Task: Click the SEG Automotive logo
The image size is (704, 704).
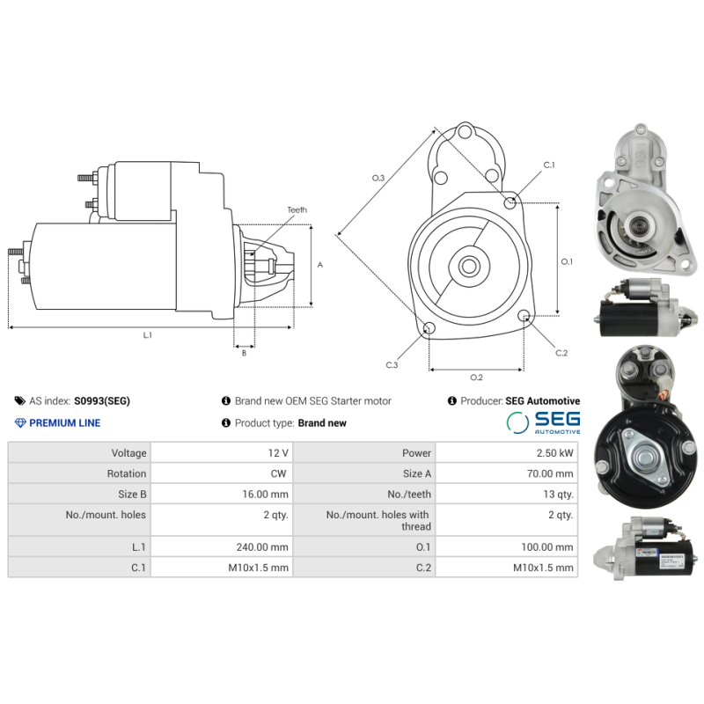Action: [543, 422]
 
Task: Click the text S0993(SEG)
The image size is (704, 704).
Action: [101, 400]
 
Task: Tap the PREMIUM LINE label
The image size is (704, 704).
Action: [64, 422]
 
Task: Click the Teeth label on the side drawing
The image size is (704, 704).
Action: [297, 210]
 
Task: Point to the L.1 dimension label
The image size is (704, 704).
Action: [147, 335]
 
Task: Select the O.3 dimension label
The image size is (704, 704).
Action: [378, 178]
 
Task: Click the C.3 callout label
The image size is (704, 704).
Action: [392, 364]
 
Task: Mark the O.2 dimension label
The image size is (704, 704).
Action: [476, 378]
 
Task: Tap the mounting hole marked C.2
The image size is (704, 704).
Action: [524, 316]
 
